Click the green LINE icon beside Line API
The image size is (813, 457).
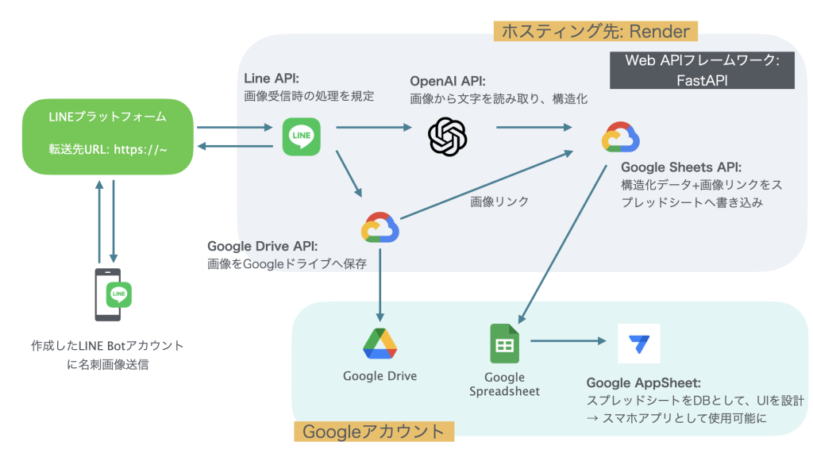302,136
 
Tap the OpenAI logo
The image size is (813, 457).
448,136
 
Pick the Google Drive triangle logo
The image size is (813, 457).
380,344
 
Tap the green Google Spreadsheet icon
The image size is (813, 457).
504,344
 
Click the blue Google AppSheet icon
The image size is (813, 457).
638,344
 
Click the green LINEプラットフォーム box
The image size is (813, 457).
107,136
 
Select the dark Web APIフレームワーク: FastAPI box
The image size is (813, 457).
703,70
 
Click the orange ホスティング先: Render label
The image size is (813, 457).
595,31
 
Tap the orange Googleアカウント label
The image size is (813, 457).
373,432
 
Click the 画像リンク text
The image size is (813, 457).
499,202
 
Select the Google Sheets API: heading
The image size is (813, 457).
681,167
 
